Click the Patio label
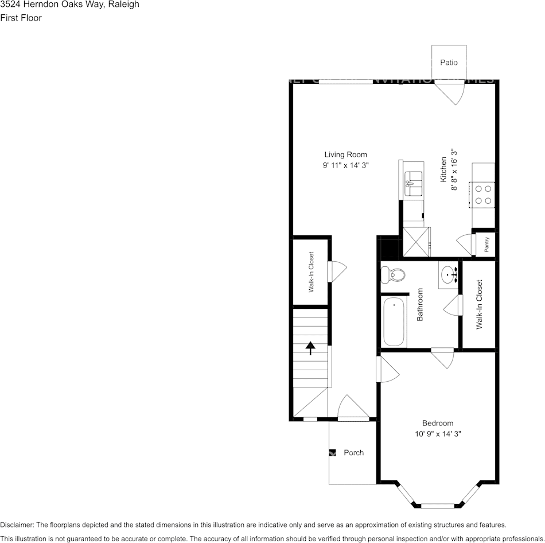click(x=449, y=62)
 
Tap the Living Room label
click(x=345, y=154)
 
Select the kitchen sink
click(x=412, y=184)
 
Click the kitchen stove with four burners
click(x=482, y=193)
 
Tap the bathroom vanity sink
click(x=449, y=275)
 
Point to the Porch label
click(x=353, y=452)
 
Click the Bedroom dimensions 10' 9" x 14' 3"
click(x=438, y=434)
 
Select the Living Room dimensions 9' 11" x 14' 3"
click(x=345, y=165)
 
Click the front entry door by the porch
click(x=352, y=409)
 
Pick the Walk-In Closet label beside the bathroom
click(x=479, y=304)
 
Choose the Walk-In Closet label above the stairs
click(x=311, y=272)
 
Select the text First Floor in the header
click(x=21, y=18)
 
